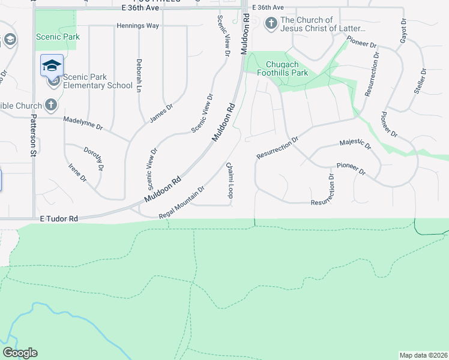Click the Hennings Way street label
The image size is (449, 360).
(x=137, y=26)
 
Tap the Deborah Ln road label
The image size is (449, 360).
(x=139, y=76)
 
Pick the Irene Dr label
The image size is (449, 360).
(x=78, y=173)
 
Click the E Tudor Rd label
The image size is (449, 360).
(x=59, y=220)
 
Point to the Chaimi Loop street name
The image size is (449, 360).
(x=229, y=180)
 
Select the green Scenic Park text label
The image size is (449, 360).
(x=58, y=37)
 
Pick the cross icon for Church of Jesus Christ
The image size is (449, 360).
(x=271, y=24)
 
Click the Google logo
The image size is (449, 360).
(x=20, y=353)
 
